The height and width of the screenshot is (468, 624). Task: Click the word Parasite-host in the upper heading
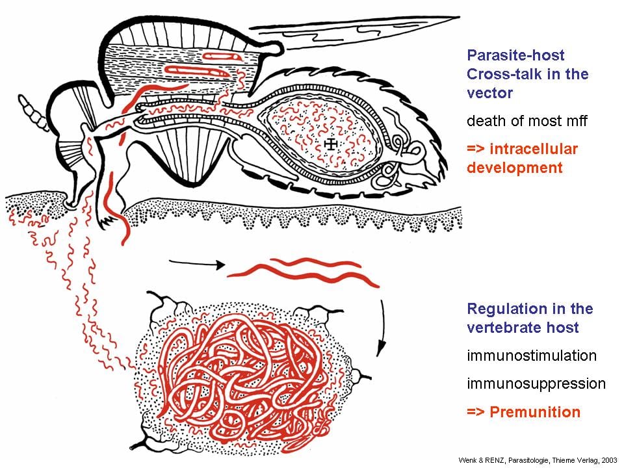coord(515,55)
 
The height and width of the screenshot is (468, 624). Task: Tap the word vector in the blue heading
coord(490,93)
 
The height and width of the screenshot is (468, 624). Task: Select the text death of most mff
coord(527,121)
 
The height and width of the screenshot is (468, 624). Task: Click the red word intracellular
coord(534,149)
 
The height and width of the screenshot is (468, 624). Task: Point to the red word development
coord(515,168)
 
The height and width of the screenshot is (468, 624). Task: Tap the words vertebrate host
coord(523,328)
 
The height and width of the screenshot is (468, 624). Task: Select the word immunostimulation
coord(532,356)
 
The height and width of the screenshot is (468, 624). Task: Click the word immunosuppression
coord(536,384)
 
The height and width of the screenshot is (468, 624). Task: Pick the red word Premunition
coord(535,412)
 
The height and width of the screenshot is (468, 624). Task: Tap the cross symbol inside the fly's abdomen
coord(330,144)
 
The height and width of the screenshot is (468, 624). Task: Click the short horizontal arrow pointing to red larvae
coord(197,263)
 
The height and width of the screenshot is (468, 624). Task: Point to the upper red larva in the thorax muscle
coord(222,57)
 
